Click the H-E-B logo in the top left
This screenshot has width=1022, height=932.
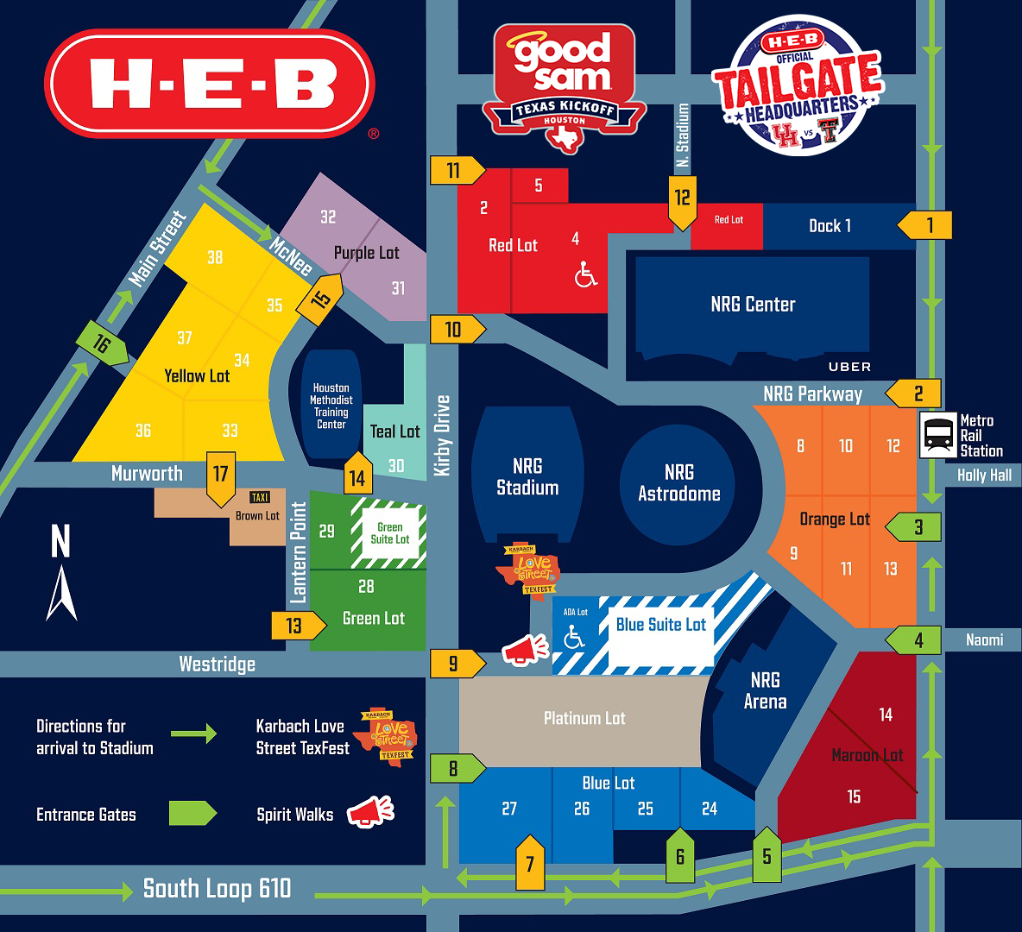tap(210, 84)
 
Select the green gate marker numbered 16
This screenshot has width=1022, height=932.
tap(102, 343)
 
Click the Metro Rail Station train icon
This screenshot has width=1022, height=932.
tap(937, 434)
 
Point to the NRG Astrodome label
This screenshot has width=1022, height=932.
tap(678, 483)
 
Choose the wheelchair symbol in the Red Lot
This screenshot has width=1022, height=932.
tap(586, 275)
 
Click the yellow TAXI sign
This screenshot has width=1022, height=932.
tap(260, 497)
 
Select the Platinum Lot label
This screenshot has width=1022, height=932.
tap(584, 718)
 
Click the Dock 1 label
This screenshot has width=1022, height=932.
tap(830, 226)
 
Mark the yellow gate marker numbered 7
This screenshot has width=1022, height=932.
tap(530, 862)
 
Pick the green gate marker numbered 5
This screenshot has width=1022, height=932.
tap(766, 855)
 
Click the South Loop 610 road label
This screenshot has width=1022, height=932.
tap(217, 889)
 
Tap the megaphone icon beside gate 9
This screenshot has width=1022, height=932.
tap(525, 649)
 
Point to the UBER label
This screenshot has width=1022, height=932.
tap(849, 367)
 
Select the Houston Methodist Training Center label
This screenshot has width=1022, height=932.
tap(331, 406)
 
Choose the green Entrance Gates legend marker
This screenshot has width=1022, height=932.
tap(192, 814)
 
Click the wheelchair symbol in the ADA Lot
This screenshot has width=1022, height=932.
tap(574, 638)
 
